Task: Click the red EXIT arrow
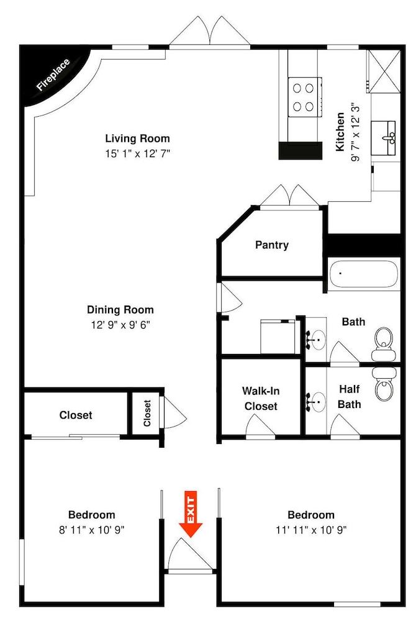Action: click(191, 514)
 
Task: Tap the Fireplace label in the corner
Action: click(53, 75)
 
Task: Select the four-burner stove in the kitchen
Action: click(305, 97)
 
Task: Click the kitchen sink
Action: click(383, 138)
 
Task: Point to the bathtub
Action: click(364, 274)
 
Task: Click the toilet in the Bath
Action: click(384, 343)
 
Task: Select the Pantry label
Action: click(271, 245)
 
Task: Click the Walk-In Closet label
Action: click(260, 399)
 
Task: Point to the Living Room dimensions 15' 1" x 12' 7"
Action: click(137, 153)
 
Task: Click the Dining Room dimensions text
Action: click(120, 325)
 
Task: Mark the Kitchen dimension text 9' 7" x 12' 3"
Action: click(355, 132)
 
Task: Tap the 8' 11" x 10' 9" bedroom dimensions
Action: click(92, 530)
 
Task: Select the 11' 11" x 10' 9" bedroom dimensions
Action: click(311, 530)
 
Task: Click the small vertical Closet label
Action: click(147, 413)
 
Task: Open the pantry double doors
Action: click(290, 197)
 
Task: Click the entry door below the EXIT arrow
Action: click(189, 555)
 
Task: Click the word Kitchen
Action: click(340, 132)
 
